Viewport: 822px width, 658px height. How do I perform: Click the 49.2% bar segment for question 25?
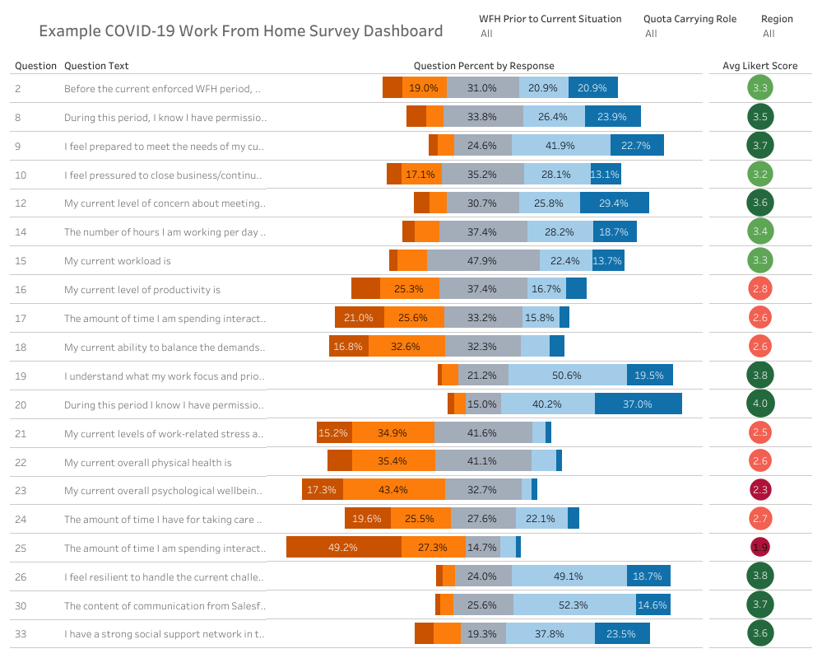point(343,548)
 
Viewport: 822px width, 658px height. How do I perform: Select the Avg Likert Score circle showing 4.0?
point(759,404)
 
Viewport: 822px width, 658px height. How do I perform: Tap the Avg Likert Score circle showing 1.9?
point(759,548)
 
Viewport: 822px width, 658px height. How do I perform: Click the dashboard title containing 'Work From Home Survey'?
point(241,31)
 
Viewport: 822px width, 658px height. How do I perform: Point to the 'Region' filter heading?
point(777,19)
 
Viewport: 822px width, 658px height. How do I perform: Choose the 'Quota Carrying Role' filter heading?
point(690,19)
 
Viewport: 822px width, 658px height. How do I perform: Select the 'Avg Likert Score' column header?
point(759,66)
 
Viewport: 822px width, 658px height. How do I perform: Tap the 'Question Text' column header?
point(96,66)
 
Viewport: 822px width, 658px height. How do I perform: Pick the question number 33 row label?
point(21,634)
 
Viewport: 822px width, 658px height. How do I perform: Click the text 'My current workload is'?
point(118,261)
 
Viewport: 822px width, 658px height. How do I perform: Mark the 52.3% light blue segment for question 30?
point(574,605)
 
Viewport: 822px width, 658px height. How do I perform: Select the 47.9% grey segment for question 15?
point(483,260)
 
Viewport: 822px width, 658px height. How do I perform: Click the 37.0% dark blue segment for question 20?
point(638,404)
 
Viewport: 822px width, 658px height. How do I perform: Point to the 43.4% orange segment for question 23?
point(393,490)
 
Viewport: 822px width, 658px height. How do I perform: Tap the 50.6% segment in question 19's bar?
point(567,375)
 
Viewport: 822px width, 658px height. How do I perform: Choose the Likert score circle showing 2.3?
point(759,490)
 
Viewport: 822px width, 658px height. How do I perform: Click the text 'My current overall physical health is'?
point(148,463)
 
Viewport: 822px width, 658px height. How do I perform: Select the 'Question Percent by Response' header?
point(484,66)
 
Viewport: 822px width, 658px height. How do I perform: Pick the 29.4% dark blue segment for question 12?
point(614,203)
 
